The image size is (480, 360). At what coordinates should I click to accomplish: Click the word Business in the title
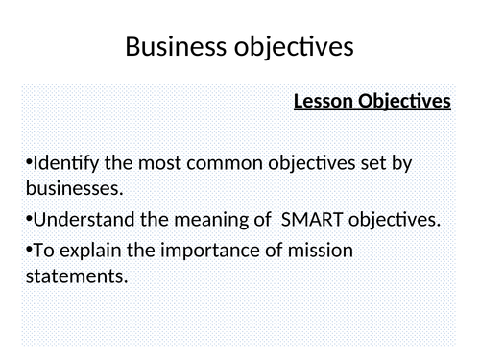pyautogui.click(x=177, y=46)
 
